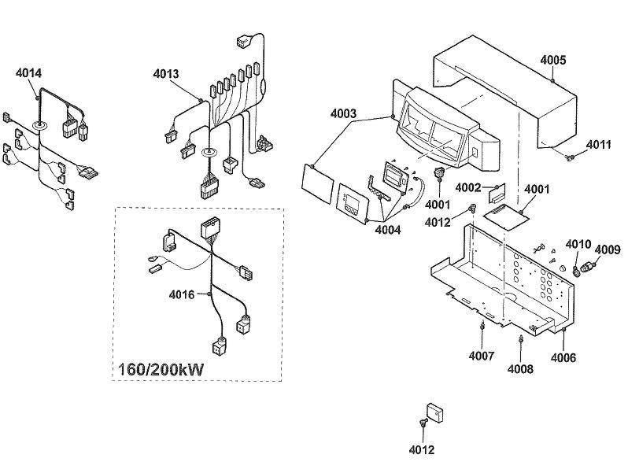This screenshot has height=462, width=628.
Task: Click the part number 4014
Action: click(x=28, y=73)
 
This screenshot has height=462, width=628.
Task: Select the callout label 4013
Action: click(x=166, y=74)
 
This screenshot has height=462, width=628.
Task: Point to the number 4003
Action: click(x=344, y=114)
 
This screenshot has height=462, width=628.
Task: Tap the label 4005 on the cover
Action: click(x=553, y=60)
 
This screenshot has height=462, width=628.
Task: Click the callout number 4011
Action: click(x=599, y=146)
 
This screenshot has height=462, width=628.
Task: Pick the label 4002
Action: click(x=469, y=187)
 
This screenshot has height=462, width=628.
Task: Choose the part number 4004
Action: click(x=387, y=230)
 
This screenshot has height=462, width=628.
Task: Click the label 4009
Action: click(x=608, y=250)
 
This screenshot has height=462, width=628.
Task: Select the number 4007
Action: click(x=482, y=356)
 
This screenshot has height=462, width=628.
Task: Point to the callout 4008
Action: click(x=521, y=368)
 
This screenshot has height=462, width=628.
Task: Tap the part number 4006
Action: click(x=563, y=358)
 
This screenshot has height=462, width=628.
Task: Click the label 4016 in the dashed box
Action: click(x=182, y=295)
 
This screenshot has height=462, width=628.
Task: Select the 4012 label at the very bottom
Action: click(x=422, y=450)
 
